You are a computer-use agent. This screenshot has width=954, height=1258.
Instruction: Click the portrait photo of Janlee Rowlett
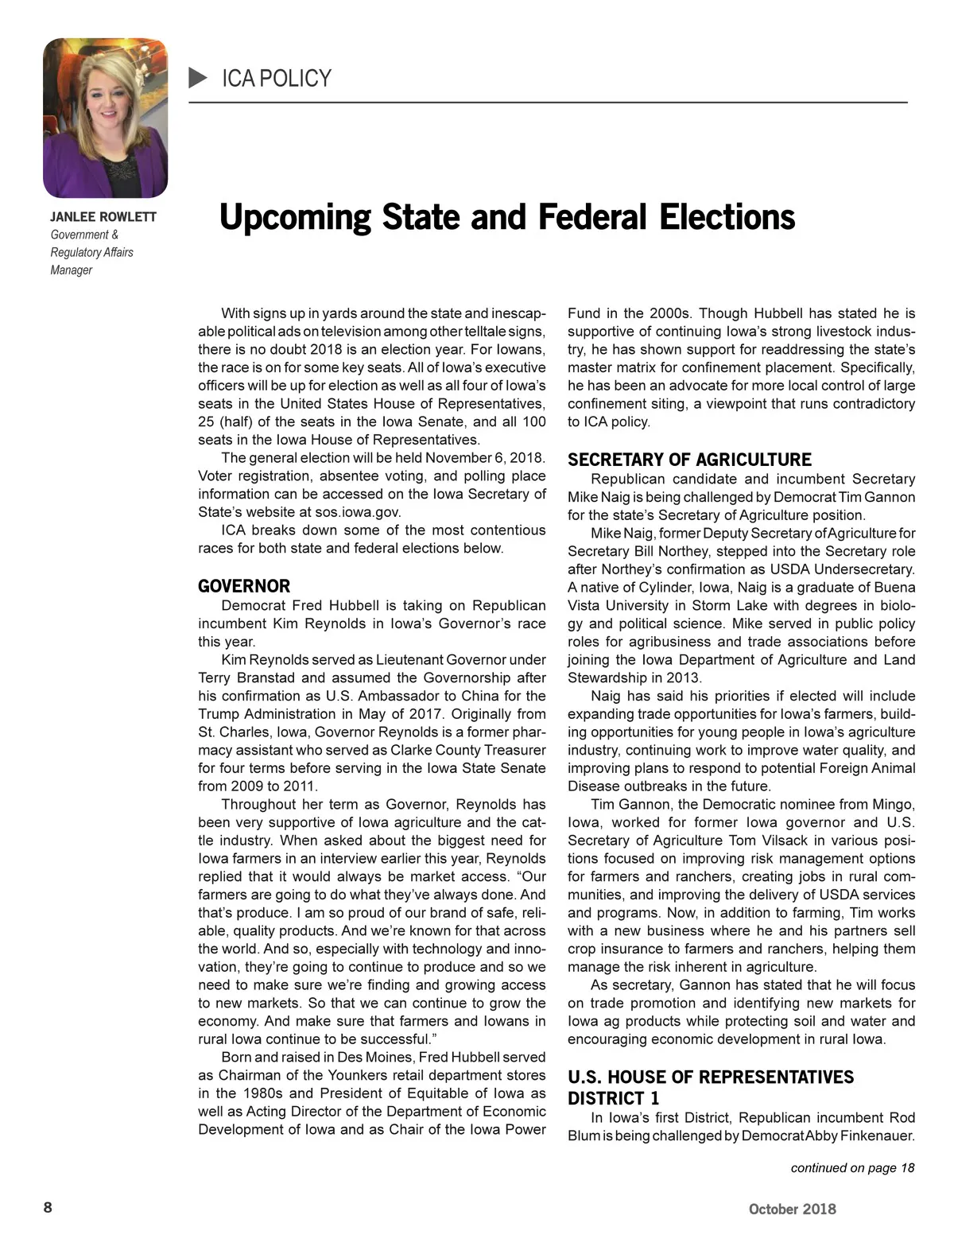105,118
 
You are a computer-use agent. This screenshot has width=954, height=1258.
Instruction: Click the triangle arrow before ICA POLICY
198,78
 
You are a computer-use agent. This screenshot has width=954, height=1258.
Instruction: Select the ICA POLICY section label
276,78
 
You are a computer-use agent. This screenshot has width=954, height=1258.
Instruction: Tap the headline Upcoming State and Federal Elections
506,217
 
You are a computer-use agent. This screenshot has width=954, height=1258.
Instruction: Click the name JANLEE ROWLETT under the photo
103,217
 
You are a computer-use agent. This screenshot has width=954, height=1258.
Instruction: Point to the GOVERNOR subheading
244,587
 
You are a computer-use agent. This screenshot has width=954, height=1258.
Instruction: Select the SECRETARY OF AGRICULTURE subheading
689,460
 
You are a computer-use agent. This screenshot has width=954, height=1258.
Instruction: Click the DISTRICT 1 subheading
613,1098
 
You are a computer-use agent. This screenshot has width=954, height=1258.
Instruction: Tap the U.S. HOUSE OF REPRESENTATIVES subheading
711,1077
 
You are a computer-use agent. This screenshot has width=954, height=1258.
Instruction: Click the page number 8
48,1207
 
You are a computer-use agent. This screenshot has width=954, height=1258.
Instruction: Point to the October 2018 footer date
792,1209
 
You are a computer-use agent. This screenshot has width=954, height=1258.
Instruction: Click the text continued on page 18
852,1167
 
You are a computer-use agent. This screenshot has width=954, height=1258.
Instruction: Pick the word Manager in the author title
72,270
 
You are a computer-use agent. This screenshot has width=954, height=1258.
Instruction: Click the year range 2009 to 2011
257,786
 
